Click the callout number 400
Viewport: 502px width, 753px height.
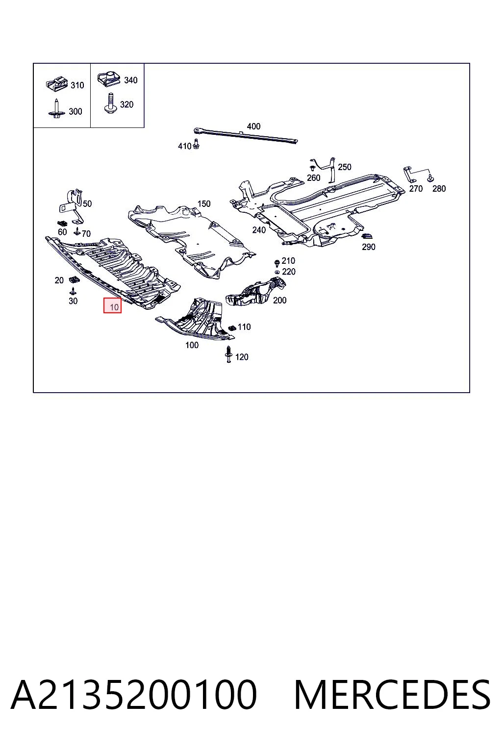click(253, 126)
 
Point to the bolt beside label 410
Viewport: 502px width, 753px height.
click(197, 144)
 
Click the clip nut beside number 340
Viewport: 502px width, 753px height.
click(109, 80)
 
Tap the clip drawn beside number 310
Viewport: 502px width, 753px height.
click(57, 84)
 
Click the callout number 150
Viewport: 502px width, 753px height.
click(204, 204)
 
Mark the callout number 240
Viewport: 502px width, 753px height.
click(259, 230)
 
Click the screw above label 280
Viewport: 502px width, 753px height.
click(430, 178)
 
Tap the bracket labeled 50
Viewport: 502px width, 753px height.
click(73, 206)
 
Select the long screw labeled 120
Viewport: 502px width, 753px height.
click(228, 354)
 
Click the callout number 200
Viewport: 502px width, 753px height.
click(279, 300)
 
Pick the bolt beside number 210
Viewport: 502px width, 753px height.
click(277, 263)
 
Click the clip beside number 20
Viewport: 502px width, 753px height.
click(74, 279)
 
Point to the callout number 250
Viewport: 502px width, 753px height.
click(344, 167)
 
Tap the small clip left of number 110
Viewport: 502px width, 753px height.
click(232, 327)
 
